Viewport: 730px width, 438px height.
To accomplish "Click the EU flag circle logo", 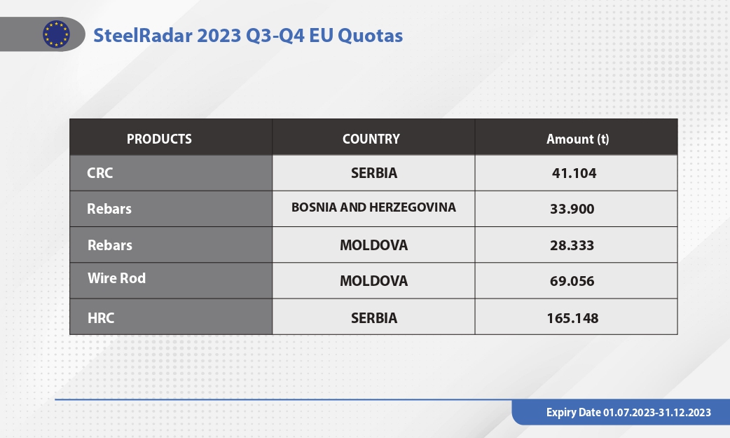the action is tap(56, 34).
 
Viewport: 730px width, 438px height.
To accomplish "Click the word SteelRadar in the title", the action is tap(143, 36).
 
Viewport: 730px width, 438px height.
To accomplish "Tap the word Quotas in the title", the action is tap(370, 36).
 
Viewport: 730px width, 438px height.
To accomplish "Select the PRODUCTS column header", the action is tap(159, 139).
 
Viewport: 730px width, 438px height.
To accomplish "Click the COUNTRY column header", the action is tap(371, 139).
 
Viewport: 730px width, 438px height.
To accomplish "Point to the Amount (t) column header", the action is tap(577, 139).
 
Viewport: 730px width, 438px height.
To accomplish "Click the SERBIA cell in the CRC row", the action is tap(374, 173).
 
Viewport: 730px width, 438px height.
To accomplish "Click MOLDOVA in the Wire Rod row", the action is tap(373, 281).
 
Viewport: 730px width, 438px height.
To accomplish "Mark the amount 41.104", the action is tap(574, 173).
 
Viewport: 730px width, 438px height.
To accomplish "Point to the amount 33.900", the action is tap(572, 209).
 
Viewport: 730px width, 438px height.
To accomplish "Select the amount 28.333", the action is tap(572, 245).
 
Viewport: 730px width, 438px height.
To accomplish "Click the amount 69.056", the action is tap(572, 281).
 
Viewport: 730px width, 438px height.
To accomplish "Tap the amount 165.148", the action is tap(572, 318).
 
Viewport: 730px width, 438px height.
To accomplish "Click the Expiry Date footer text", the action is tap(628, 412).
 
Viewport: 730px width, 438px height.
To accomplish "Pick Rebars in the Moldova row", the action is tap(110, 245).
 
